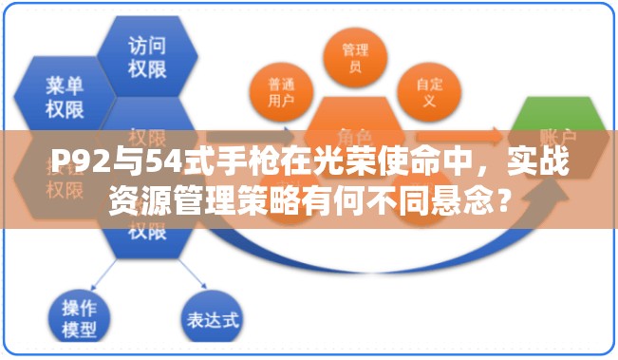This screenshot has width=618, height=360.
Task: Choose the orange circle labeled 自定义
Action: (428, 92)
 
